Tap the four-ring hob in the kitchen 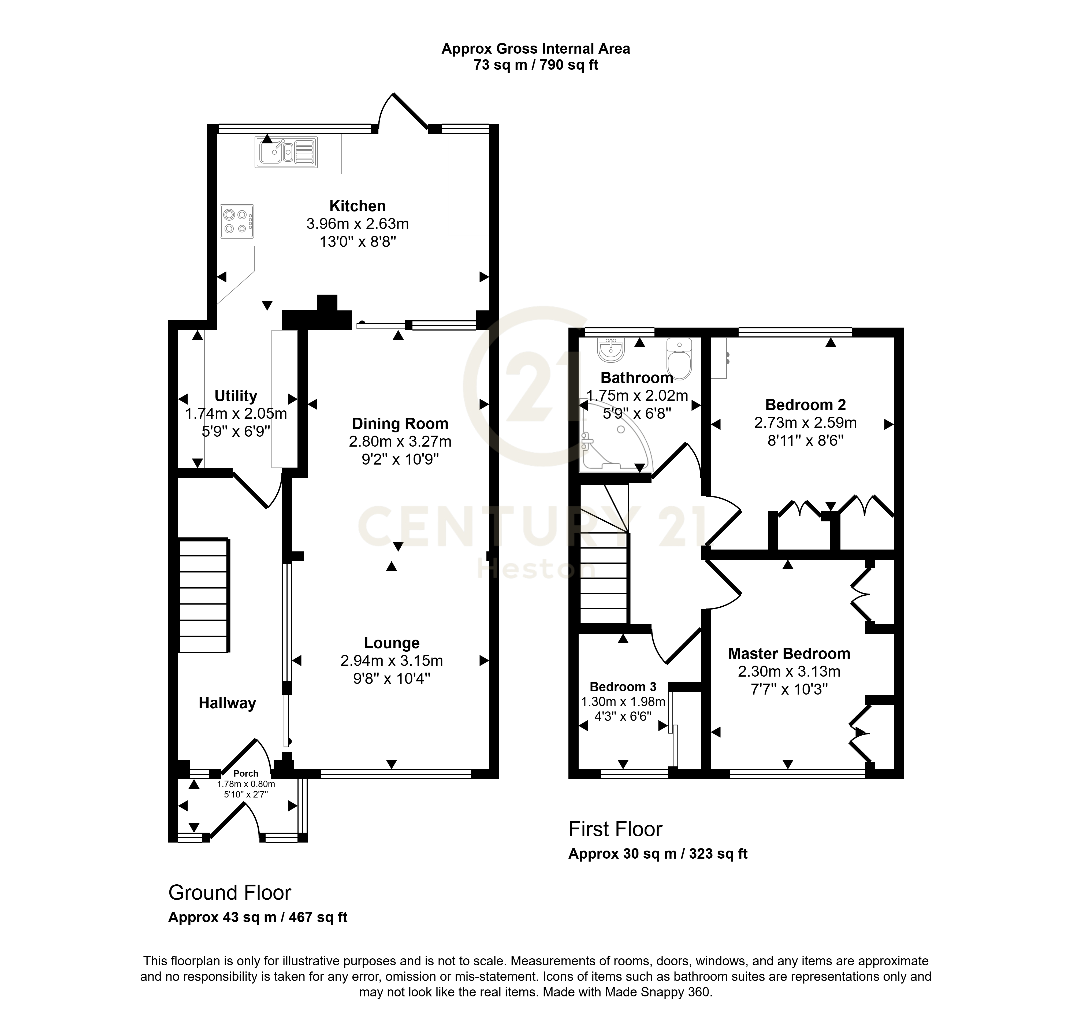point(236,221)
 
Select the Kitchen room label point(358,206)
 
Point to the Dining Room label point(400,424)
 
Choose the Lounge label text point(391,643)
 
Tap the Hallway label point(227,703)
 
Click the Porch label point(246,773)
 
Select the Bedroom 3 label point(623,687)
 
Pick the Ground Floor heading point(230,892)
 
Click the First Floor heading point(615,829)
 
